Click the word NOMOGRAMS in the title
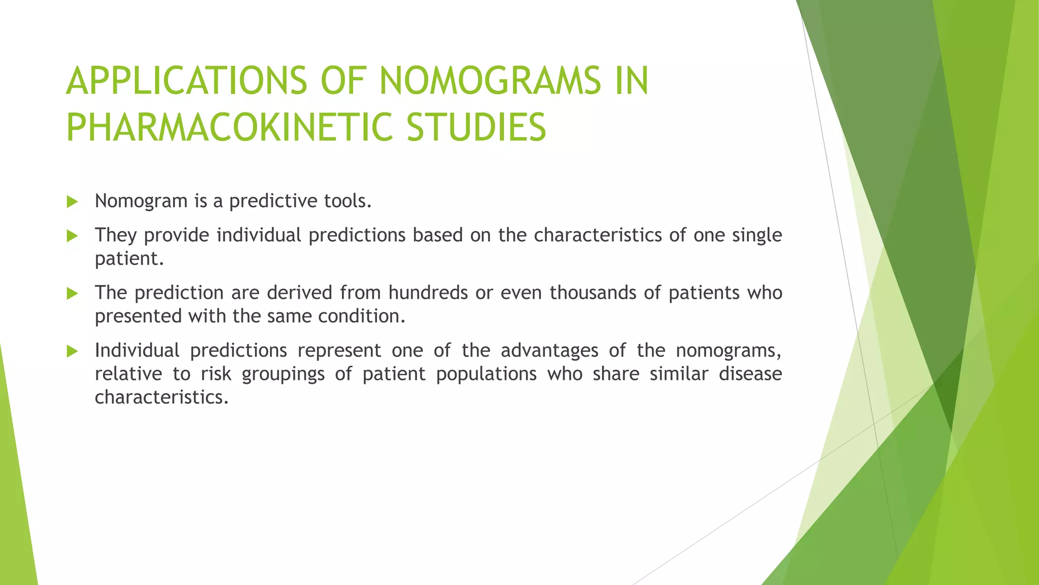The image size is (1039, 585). [490, 81]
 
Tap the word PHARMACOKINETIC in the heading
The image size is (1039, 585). [230, 127]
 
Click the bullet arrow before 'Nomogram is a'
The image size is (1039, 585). [72, 202]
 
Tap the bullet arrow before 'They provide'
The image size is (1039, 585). [72, 236]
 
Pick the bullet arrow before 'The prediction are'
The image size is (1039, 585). [72, 294]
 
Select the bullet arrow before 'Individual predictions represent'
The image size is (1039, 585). [72, 351]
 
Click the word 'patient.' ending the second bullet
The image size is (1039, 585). [129, 259]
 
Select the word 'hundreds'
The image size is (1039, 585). [428, 293]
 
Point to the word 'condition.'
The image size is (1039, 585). [362, 316]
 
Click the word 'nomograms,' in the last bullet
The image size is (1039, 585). [729, 351]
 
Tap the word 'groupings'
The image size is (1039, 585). [283, 374]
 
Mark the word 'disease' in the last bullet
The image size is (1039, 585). [750, 374]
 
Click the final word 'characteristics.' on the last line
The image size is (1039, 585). [162, 397]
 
